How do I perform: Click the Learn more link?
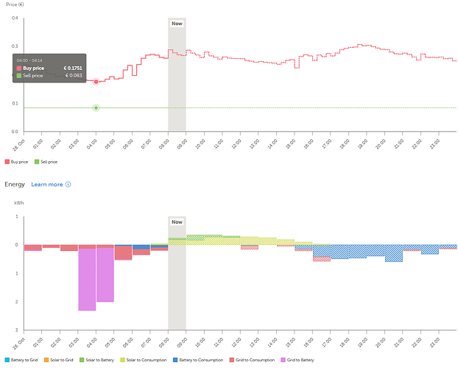pos(46,184)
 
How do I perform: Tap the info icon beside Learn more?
pos(68,184)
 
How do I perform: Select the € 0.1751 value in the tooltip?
pos(72,68)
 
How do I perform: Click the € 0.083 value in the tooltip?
pos(74,76)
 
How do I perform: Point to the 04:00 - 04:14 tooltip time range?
pos(29,60)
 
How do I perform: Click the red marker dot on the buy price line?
pos(96,81)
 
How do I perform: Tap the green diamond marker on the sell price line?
pos(96,108)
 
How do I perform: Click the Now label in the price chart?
pos(177,24)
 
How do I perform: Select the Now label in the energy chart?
pos(177,222)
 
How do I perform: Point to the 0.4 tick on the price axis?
pos(14,18)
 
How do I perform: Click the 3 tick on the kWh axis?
pos(15,330)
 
